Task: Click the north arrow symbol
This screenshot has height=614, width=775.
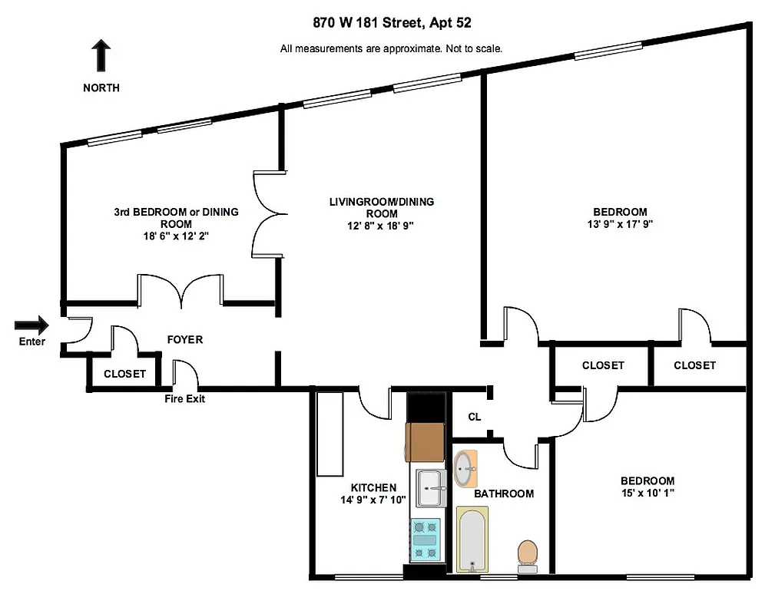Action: click(x=101, y=57)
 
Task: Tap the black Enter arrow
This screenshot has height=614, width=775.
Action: click(x=31, y=325)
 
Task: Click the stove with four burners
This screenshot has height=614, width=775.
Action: click(x=426, y=539)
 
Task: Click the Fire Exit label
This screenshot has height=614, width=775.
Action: click(x=185, y=398)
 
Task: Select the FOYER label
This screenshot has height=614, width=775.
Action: click(x=185, y=339)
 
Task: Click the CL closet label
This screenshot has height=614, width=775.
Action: click(x=475, y=417)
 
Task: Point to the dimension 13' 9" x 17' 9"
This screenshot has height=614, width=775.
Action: click(x=619, y=225)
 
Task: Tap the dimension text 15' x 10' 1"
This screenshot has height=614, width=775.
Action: click(x=647, y=493)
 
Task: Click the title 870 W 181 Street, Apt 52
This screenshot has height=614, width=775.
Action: click(x=392, y=23)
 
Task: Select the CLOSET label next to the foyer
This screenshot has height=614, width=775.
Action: click(x=124, y=374)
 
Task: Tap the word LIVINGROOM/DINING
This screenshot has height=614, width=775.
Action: click(x=382, y=202)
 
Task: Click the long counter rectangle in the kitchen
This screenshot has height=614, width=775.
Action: click(x=330, y=434)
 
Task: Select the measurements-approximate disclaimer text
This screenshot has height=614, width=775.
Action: click(x=392, y=48)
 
